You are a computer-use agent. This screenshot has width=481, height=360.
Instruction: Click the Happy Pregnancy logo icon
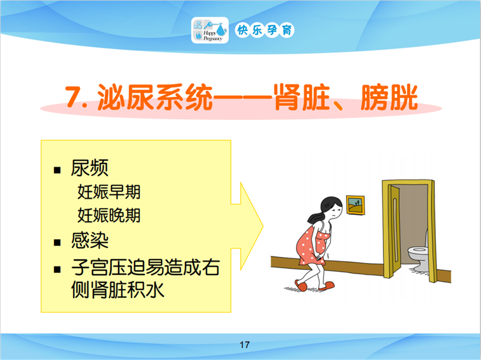pos(210,30)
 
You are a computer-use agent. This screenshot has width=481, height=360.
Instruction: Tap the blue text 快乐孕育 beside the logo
pos(265,30)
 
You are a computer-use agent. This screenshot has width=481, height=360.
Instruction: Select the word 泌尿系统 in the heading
pos(155,97)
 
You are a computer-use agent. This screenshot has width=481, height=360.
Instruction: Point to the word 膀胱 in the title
pos(389,97)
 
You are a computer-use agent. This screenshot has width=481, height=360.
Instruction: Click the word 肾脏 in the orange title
pos(302,97)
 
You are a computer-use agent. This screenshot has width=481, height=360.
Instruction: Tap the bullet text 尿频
pos(90,168)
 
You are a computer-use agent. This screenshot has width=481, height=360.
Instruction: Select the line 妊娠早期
pos(109,192)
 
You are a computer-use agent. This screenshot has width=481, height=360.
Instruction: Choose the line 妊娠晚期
pos(109,215)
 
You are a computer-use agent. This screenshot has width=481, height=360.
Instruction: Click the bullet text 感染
pos(90,240)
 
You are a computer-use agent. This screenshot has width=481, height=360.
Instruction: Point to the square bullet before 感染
pos(57,243)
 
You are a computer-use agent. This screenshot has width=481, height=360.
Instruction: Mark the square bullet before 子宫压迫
pos(57,270)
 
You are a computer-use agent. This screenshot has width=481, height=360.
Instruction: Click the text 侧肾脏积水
pos(118,289)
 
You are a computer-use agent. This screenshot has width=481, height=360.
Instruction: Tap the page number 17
pos(244,345)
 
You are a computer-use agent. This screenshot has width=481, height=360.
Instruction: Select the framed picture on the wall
pos(355,205)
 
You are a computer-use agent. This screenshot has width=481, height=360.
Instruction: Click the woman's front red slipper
pos(327,286)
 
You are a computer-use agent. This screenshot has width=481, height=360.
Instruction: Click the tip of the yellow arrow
pos(263,227)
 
